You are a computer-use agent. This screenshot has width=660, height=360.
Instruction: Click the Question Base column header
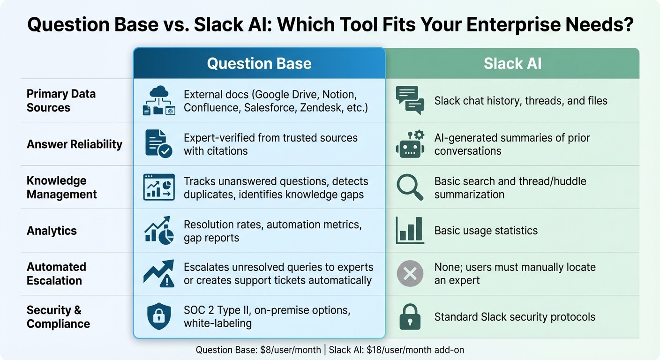tap(259, 64)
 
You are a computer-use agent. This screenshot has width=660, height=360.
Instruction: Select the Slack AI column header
tap(512, 64)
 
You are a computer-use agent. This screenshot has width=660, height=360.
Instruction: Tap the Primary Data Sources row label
tap(61, 100)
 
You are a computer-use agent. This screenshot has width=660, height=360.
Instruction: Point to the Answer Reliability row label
tap(74, 144)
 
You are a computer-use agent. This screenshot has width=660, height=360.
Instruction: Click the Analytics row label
tap(52, 231)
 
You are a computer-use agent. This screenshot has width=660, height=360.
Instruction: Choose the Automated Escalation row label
tap(56, 274)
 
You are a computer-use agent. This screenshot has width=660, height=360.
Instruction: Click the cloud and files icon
tap(159, 101)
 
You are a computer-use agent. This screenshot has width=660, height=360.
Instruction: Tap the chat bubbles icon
tap(410, 100)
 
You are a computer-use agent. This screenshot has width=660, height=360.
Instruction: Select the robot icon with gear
tap(410, 143)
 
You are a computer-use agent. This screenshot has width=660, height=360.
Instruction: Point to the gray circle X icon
tap(410, 274)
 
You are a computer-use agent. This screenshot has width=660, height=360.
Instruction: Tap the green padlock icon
tap(410, 317)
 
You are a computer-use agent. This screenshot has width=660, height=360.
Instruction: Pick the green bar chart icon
tap(410, 230)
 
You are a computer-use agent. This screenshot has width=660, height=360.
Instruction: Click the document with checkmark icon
tap(158, 143)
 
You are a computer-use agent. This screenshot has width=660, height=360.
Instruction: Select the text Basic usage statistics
tap(486, 231)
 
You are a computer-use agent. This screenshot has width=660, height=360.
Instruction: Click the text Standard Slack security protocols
tap(515, 317)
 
